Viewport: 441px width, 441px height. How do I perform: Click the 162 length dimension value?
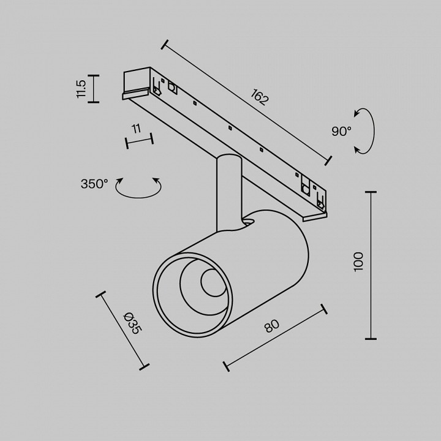click(260, 97)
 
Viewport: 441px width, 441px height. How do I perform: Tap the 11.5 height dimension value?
click(81, 88)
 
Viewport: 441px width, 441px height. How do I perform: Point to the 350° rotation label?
click(94, 183)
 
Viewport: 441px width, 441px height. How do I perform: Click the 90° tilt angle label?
click(341, 130)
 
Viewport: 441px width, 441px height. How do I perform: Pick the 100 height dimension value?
click(358, 262)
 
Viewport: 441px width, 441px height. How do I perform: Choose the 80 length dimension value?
click(271, 325)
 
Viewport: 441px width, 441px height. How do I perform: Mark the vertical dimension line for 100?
click(371, 265)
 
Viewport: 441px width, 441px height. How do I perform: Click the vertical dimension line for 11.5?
click(93, 88)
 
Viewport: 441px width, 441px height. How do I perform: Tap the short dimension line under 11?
click(139, 141)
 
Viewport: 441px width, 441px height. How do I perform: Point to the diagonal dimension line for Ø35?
click(123, 331)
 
